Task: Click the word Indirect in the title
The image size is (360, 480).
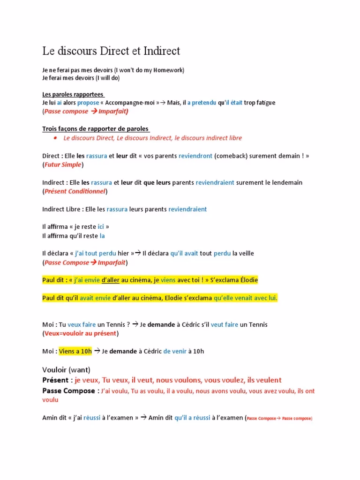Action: [160, 51]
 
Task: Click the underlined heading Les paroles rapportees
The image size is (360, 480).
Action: [73, 94]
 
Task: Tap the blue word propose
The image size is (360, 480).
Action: [88, 103]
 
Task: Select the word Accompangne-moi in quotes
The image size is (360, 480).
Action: [132, 103]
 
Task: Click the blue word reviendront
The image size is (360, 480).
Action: [195, 156]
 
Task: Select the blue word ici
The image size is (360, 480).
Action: [101, 227]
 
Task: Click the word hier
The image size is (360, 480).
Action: [123, 253]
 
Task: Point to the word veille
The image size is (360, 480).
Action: [246, 253]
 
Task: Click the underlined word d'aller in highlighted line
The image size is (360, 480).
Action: [111, 280]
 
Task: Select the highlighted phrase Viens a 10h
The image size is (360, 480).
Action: [75, 351]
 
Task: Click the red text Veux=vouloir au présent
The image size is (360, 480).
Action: [81, 333]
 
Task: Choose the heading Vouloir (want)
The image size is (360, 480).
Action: [66, 369]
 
